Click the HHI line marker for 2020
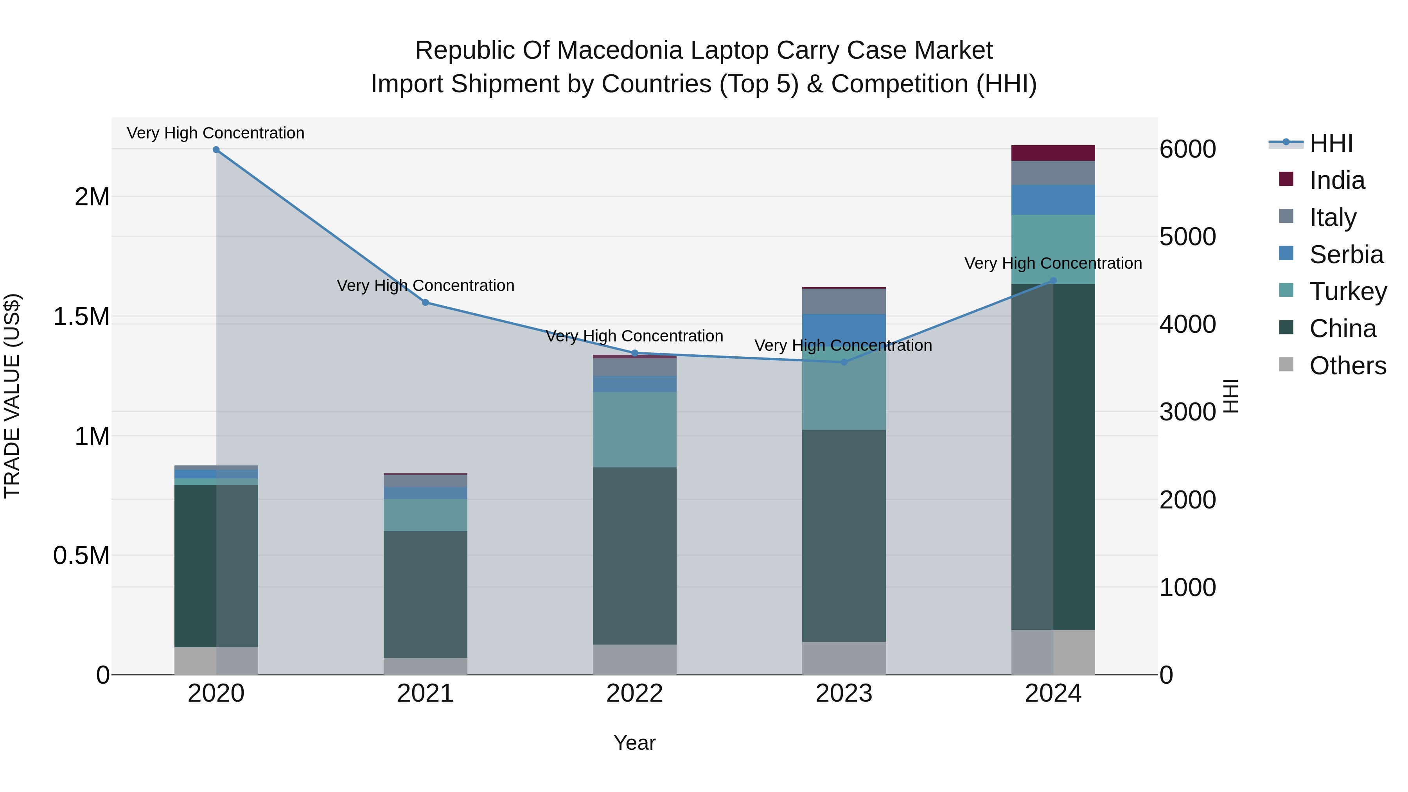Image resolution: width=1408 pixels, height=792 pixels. click(x=216, y=150)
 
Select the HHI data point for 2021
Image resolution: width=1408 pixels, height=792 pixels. click(x=425, y=302)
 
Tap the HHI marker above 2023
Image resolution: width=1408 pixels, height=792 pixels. click(x=843, y=362)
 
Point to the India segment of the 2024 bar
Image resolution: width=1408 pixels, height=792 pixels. click(x=1053, y=153)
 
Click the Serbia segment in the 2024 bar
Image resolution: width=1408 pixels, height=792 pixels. click(x=1053, y=199)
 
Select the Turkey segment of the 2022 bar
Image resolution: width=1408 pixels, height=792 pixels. click(x=635, y=429)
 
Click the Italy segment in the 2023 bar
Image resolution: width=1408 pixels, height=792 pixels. click(x=843, y=301)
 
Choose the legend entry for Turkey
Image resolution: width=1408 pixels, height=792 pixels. click(x=1348, y=291)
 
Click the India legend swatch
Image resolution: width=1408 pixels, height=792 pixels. click(x=1286, y=179)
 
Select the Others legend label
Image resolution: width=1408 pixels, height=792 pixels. click(x=1348, y=366)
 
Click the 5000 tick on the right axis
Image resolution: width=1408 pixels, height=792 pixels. click(x=1187, y=237)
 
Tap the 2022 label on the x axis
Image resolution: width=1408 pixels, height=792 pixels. click(x=635, y=693)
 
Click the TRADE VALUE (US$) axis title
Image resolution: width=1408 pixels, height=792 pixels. click(x=12, y=396)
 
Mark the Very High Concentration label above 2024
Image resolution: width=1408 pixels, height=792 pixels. click(x=1053, y=264)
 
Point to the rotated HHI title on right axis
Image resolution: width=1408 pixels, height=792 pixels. click(x=1230, y=396)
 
